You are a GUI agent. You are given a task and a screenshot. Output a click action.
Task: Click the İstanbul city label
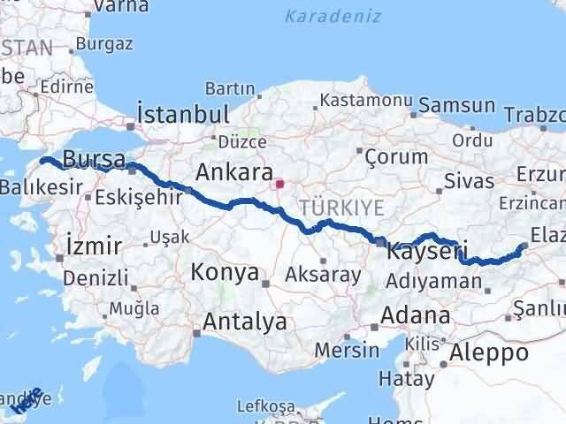(183, 115)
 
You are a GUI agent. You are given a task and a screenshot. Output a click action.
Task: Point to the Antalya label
(245, 322)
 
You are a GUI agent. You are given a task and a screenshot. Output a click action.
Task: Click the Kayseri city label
(427, 252)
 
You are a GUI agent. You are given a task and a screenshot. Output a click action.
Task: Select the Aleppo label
(489, 352)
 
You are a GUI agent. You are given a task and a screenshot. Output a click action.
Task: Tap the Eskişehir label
(133, 196)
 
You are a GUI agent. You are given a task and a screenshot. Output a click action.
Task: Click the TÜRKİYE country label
(342, 208)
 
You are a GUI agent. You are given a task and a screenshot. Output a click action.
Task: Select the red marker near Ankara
(279, 185)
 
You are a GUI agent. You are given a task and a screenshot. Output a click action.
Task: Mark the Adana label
(415, 315)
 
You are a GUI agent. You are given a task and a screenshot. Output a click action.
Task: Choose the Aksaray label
(323, 275)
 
